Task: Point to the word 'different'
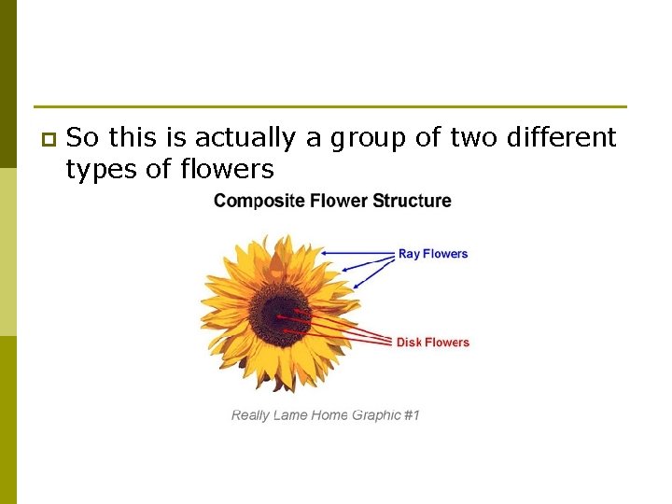click(x=562, y=138)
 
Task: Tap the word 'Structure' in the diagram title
click(x=413, y=201)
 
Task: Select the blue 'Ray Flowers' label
click(x=433, y=254)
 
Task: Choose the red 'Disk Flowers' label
click(x=433, y=343)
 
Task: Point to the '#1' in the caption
click(x=412, y=414)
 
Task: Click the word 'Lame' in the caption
click(x=291, y=414)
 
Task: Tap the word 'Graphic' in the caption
click(x=377, y=414)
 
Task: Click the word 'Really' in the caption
click(x=250, y=414)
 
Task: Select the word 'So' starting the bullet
click(x=82, y=138)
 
